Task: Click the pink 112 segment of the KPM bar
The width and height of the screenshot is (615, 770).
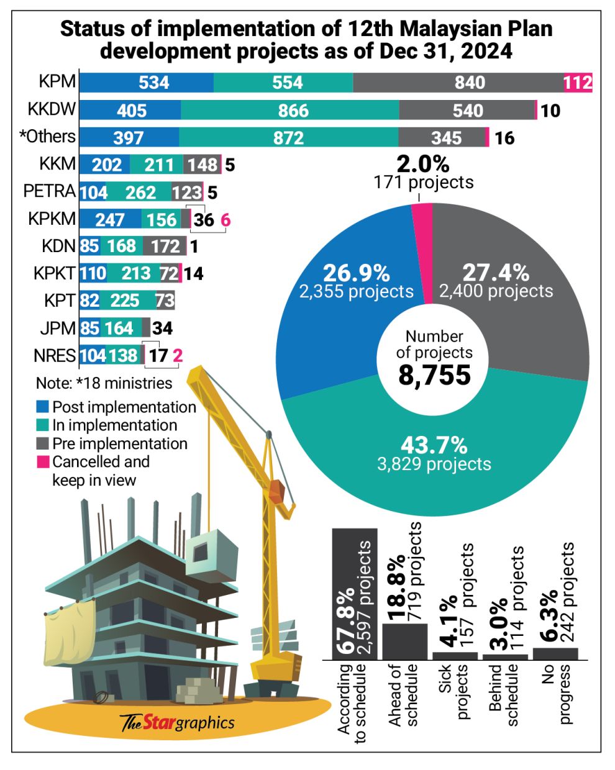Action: point(578,83)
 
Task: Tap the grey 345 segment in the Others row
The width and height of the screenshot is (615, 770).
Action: point(441,137)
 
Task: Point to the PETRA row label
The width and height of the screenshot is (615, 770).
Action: point(49,191)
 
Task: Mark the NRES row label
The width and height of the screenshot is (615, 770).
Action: point(55,356)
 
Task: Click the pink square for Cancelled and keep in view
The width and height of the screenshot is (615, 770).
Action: point(42,462)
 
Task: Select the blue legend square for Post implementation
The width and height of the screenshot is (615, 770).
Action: point(42,407)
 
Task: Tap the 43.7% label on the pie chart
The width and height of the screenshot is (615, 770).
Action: point(434,445)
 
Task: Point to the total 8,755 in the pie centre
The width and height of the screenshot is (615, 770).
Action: point(434,376)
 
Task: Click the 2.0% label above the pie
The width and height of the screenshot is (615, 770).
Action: point(423,165)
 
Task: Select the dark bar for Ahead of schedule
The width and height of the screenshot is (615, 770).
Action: point(404,641)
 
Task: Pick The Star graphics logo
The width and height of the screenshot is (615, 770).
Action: point(177,722)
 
